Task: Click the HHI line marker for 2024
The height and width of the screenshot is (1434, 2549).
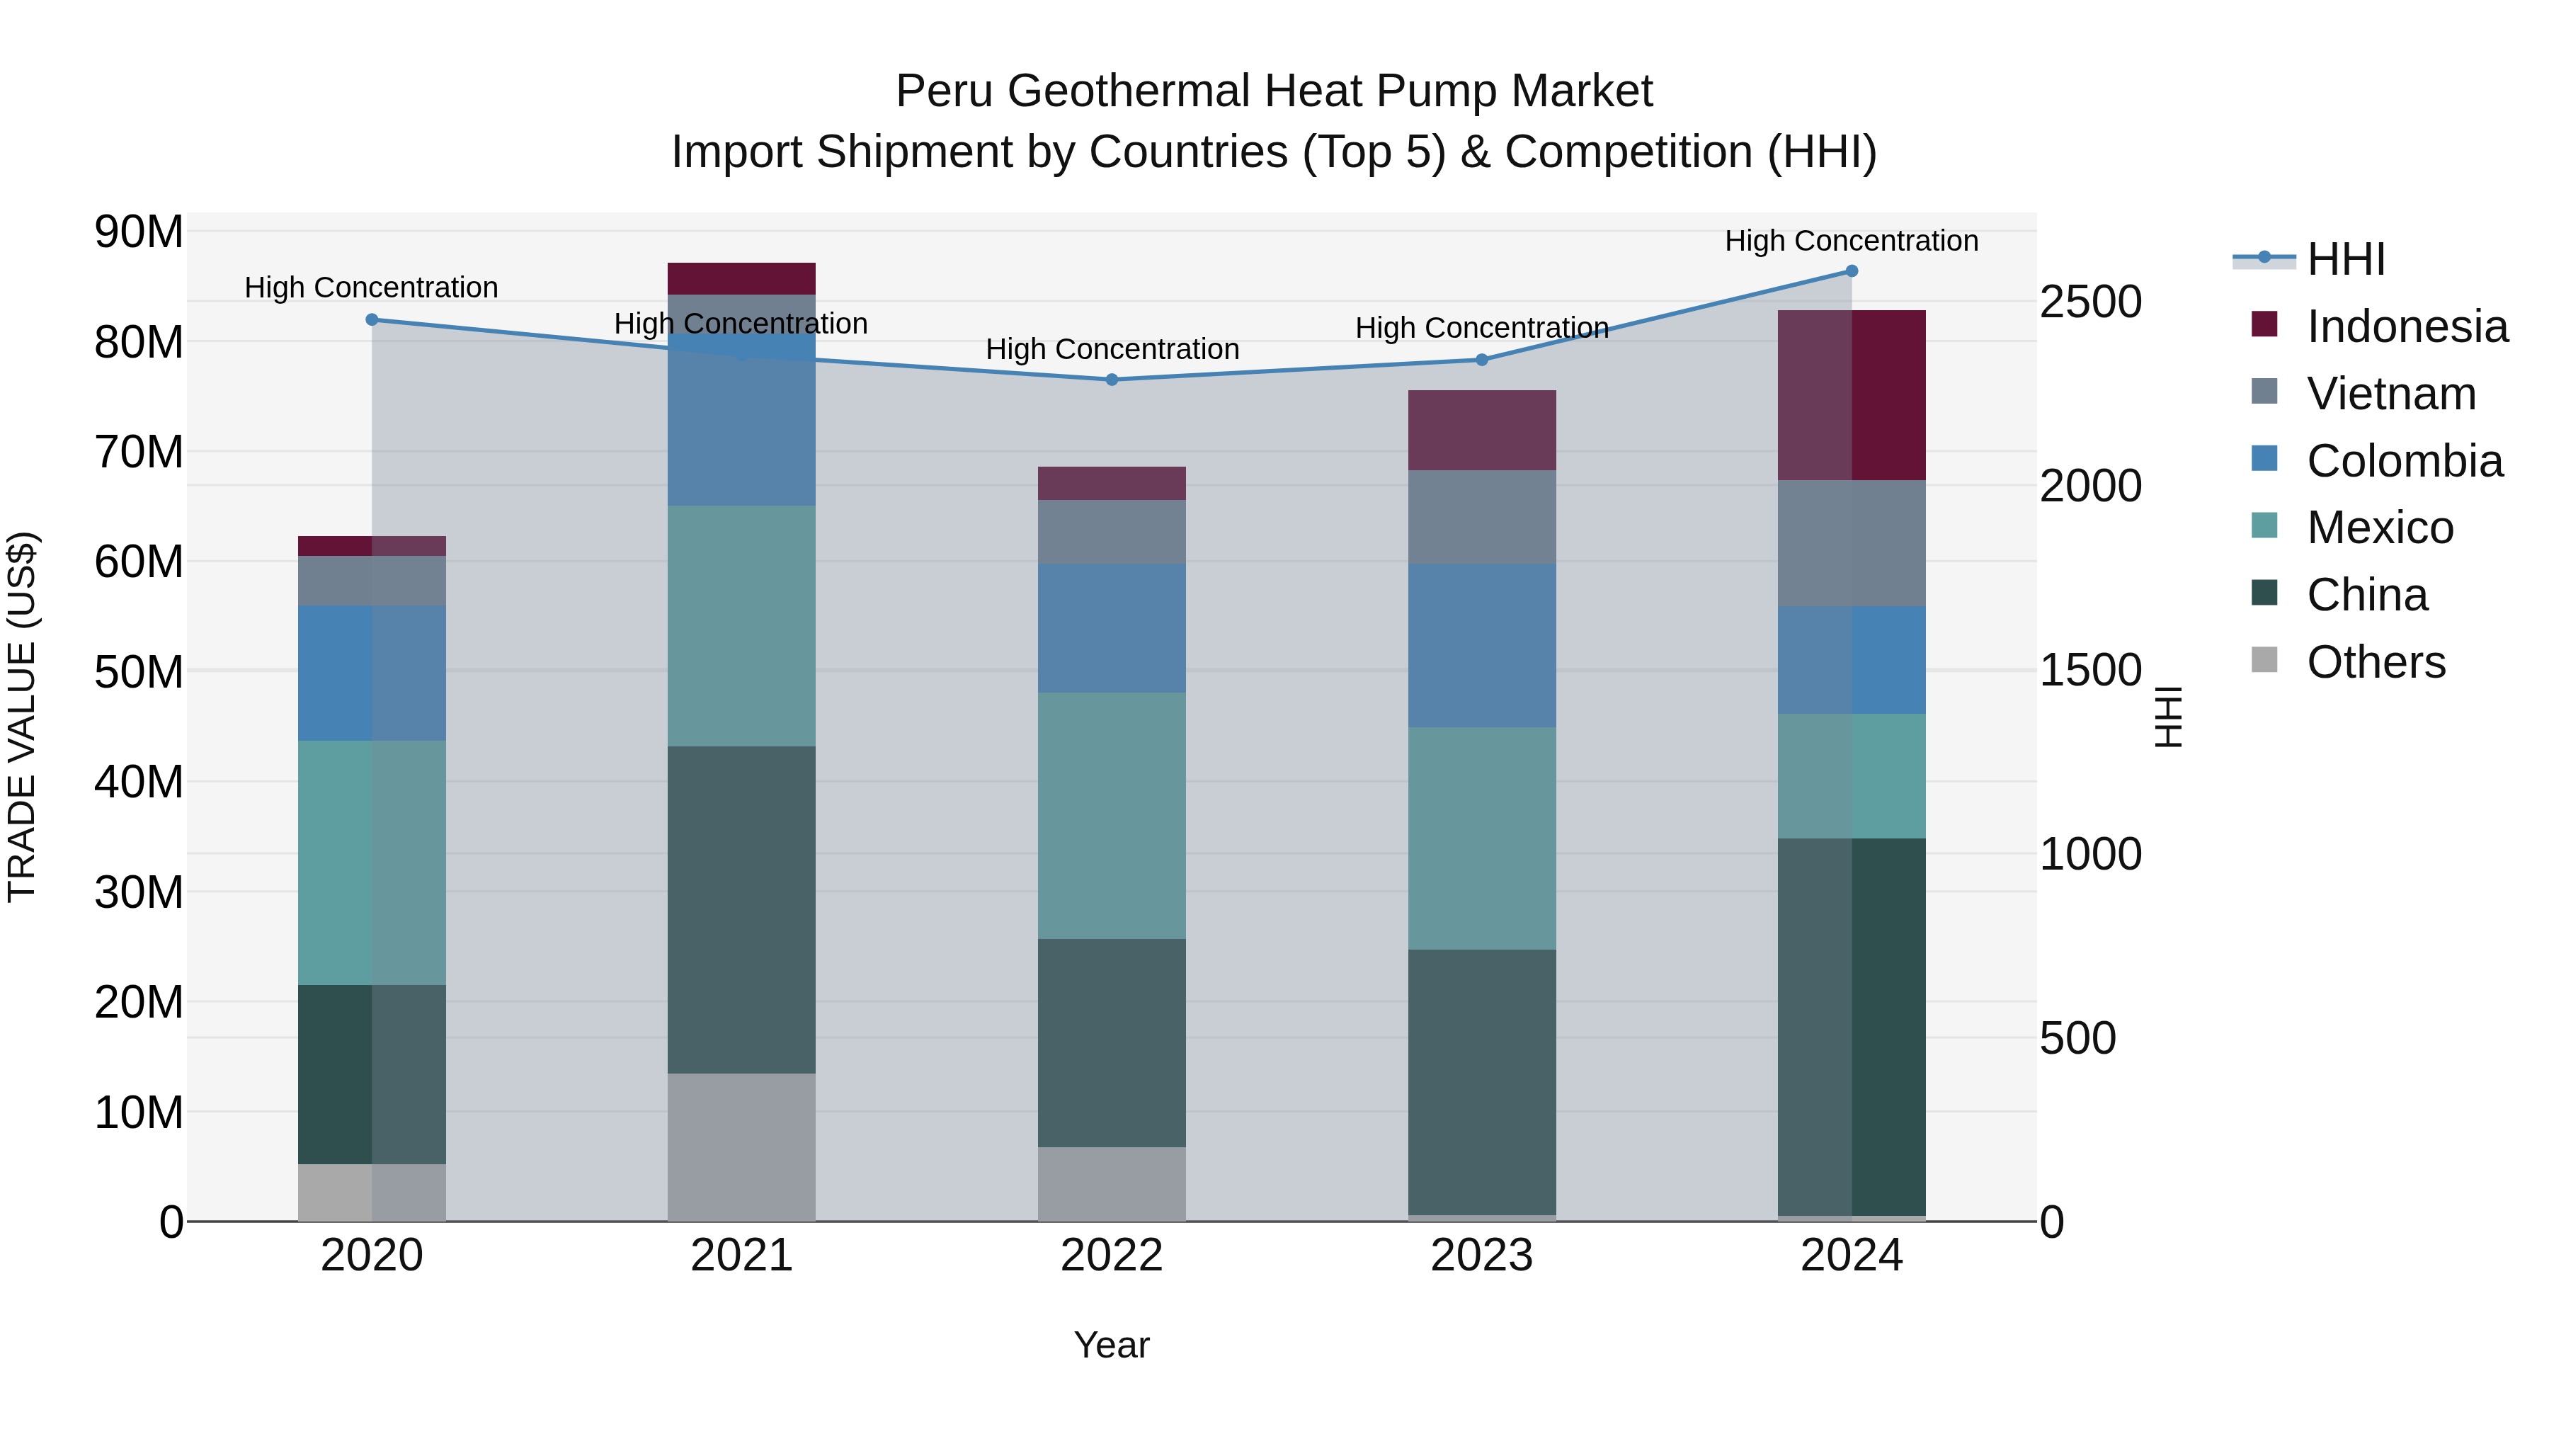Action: pos(1852,271)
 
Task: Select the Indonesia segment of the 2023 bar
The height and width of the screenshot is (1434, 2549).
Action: pos(1481,430)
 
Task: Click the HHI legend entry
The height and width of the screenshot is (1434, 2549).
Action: pos(2345,259)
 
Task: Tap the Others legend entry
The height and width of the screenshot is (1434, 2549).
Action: pos(2375,661)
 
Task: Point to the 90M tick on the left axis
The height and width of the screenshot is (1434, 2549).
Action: pos(139,232)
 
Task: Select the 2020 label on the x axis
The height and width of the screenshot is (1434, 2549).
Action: pos(371,1255)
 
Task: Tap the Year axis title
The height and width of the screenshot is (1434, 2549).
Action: pos(1111,1344)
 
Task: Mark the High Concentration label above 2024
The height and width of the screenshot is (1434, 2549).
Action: pos(1852,241)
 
